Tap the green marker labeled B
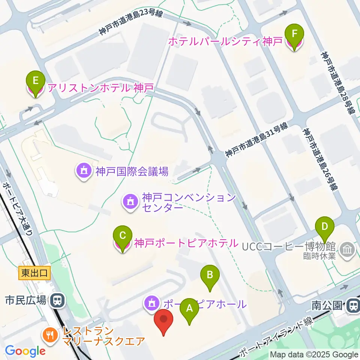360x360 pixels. click(210, 275)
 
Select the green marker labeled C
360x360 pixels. click(122, 236)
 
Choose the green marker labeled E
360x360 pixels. click(36, 81)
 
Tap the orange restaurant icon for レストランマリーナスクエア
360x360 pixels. click(50, 333)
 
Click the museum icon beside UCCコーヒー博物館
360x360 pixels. click(347, 250)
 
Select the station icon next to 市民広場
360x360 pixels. click(57, 300)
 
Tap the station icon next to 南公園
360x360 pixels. click(352, 306)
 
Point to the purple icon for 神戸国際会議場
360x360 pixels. click(83, 172)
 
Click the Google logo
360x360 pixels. click(25, 351)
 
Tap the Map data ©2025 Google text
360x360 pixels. click(314, 355)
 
